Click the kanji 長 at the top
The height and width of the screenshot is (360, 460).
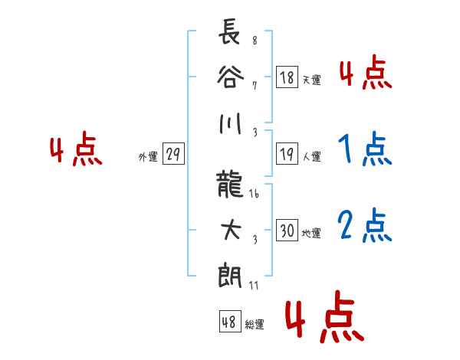(229, 31)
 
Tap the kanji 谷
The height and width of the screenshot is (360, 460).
(230, 77)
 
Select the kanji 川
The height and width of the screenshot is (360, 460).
(230, 123)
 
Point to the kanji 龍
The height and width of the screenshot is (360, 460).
(230, 184)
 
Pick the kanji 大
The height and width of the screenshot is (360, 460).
(231, 230)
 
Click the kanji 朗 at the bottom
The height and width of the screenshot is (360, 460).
(230, 276)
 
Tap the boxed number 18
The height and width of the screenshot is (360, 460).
(287, 77)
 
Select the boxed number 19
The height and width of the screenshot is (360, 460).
(287, 154)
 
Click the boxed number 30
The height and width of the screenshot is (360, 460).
(287, 230)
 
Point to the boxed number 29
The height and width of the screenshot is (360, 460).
(173, 154)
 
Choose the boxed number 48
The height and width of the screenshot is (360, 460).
(230, 321)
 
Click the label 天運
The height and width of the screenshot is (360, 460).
(312, 80)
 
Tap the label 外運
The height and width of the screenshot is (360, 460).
(148, 156)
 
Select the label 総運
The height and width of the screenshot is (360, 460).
(255, 324)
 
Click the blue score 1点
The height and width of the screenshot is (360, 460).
(365, 149)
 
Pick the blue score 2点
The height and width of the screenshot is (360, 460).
(364, 225)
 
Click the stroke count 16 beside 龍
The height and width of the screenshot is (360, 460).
(254, 194)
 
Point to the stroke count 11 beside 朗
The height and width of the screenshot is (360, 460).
(254, 285)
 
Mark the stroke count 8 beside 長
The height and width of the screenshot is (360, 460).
(255, 40)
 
